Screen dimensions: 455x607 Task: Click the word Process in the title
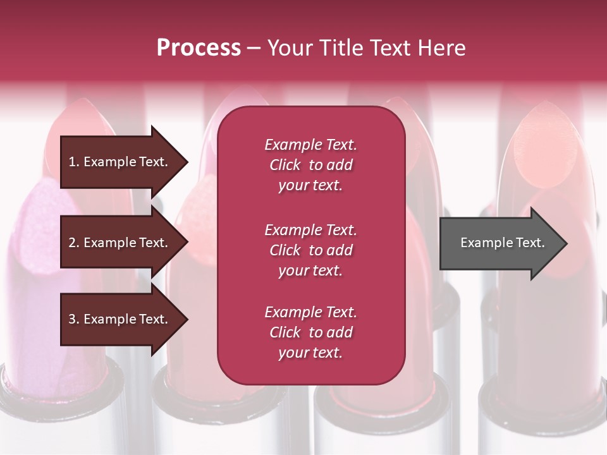coord(199,48)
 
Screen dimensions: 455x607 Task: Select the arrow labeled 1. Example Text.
coord(120,162)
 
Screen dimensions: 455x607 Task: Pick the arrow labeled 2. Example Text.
coord(120,243)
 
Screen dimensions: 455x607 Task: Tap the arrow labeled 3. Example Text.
coord(120,319)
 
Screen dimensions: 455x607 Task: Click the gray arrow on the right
coord(500,243)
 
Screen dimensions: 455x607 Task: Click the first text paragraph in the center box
coord(310,165)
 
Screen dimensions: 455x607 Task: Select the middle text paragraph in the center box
coord(310,250)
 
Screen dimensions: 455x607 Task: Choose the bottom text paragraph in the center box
coord(310,332)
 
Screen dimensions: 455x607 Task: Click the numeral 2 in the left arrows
coord(72,243)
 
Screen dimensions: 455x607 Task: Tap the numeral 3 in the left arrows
coord(72,319)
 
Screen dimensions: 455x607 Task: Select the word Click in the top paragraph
coord(285,165)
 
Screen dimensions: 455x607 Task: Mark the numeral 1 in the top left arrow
coord(72,162)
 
